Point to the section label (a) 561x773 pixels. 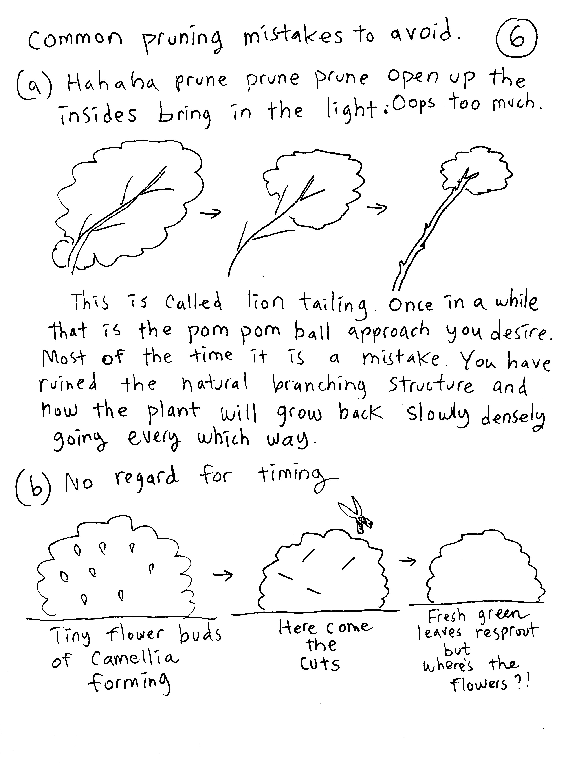pos(35,85)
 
